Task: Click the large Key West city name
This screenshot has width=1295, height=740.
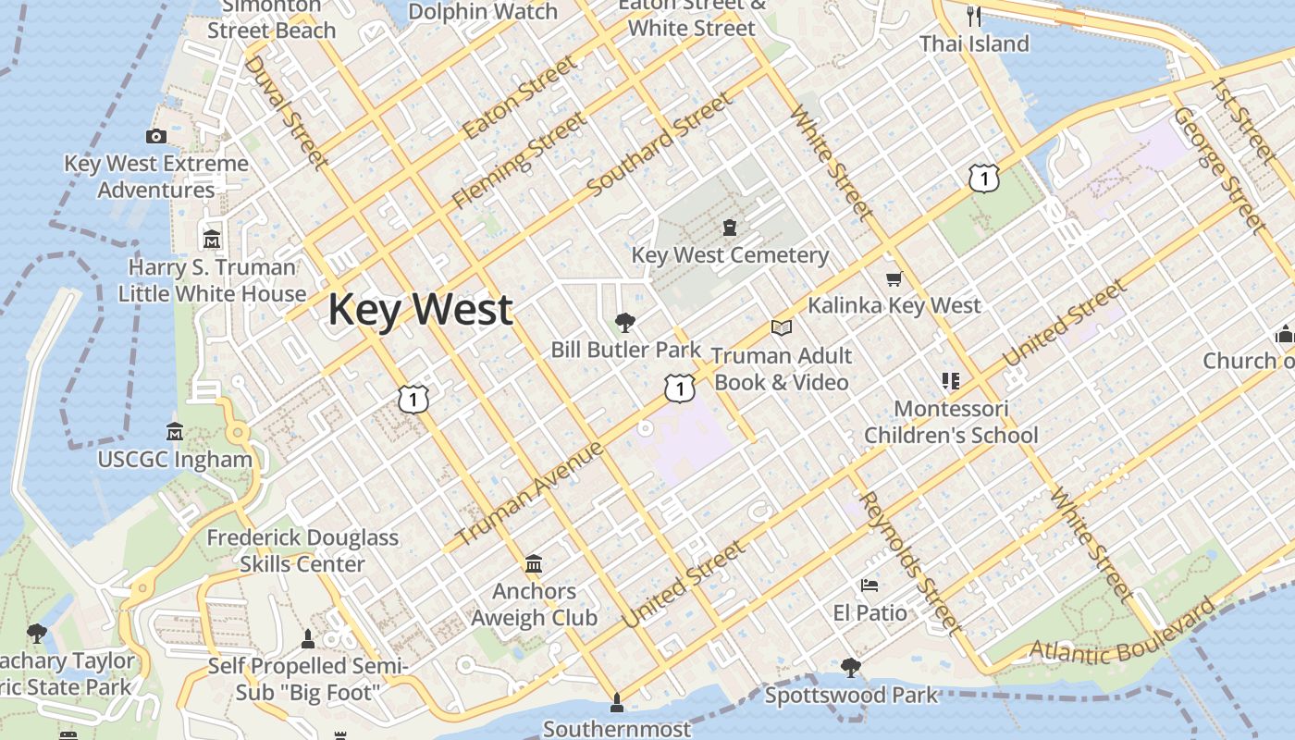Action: [x=420, y=309]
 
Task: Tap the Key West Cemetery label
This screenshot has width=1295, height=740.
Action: [x=730, y=255]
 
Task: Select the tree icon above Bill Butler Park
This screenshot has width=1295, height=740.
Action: [x=625, y=323]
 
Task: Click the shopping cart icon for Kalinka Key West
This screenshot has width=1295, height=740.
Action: [x=894, y=278]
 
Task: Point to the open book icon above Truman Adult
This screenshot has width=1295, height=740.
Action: [x=782, y=327]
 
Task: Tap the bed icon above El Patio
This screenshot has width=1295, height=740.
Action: [x=869, y=586]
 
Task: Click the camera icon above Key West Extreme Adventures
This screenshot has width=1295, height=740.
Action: [x=156, y=137]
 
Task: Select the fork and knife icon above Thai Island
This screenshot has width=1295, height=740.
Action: [x=973, y=16]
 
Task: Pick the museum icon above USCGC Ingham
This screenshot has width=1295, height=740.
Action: [x=175, y=432]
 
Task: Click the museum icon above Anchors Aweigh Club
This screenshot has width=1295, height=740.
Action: [x=534, y=563]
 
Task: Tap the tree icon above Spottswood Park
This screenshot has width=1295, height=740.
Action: [x=850, y=667]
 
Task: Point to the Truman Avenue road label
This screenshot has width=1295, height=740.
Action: [x=530, y=493]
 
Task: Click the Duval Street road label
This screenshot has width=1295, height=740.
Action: [x=287, y=113]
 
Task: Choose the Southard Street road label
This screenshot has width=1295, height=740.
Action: [x=659, y=144]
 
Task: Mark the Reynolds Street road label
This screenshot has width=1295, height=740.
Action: [x=910, y=562]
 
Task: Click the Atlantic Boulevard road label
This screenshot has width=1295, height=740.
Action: [x=1122, y=633]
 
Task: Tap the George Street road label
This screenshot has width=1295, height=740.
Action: [x=1218, y=168]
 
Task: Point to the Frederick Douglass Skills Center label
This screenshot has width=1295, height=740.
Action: [x=302, y=550]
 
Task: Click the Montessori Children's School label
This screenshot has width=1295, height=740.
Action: [x=951, y=422]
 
